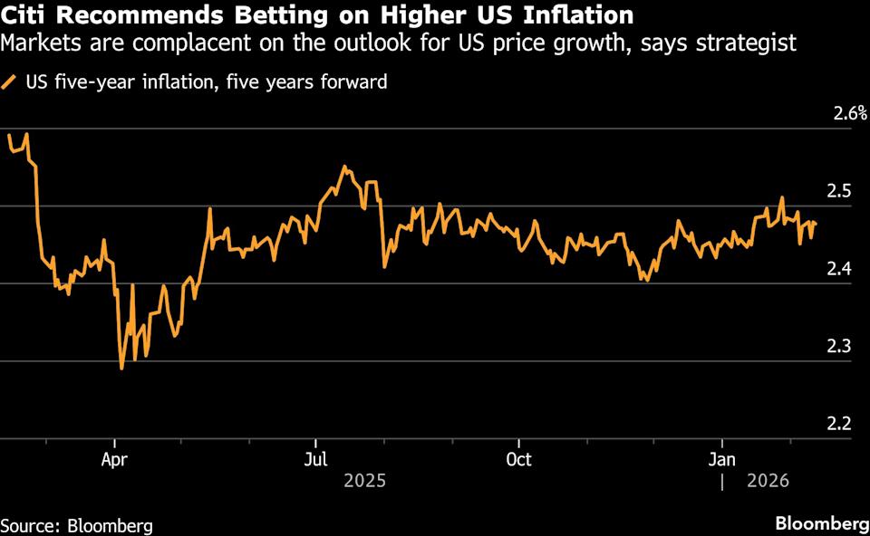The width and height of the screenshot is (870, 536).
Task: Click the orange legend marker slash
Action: pos(9,82)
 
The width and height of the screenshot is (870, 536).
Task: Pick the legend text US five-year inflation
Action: pos(117,82)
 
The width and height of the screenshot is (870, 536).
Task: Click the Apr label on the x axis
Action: pos(114,459)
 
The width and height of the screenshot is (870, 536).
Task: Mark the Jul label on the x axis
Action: pos(315,459)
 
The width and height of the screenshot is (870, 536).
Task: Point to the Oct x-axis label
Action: pos(518,459)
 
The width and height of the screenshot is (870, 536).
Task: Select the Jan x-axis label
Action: pos(721,459)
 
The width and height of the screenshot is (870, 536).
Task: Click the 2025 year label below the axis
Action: pos(364,481)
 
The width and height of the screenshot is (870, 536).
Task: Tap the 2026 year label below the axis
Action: pos(768,481)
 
